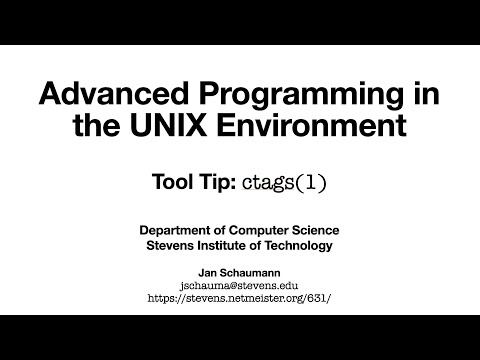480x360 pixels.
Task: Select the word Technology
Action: point(302,246)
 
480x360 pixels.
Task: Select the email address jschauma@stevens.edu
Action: point(240,284)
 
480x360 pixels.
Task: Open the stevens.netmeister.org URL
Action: point(240,297)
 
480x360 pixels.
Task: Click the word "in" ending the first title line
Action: point(427,95)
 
